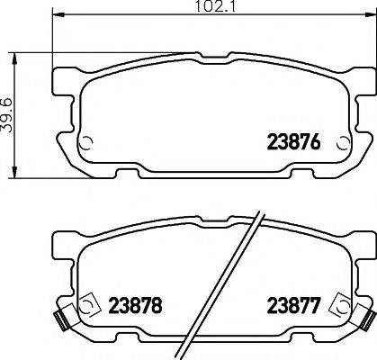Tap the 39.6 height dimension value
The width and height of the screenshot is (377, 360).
pos(8,115)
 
